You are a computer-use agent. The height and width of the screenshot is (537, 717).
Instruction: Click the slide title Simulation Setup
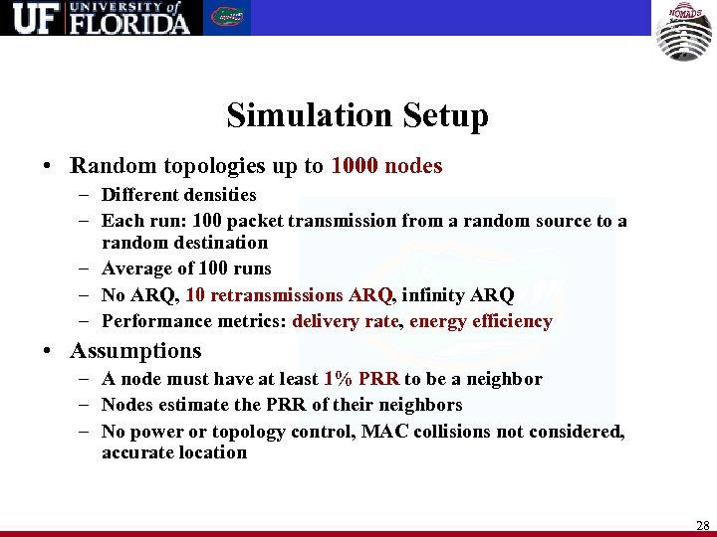[x=358, y=116]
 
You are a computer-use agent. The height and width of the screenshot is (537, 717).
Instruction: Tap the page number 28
[x=702, y=526]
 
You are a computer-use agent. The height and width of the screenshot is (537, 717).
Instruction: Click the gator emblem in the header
[x=227, y=18]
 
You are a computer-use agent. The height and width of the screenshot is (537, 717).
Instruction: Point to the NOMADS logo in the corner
[x=683, y=31]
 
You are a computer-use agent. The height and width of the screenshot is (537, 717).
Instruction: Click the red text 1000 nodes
[x=386, y=166]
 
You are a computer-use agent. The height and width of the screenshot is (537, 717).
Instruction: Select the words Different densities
[x=179, y=195]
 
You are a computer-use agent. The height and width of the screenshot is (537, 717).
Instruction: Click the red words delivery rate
[x=346, y=321]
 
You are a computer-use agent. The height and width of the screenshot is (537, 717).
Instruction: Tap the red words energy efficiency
[x=480, y=321]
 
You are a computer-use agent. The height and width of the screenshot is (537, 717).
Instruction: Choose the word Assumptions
[x=135, y=351]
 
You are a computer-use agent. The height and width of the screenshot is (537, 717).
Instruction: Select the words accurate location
[x=174, y=452]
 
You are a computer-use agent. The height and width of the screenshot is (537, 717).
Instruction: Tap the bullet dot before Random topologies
[x=48, y=167]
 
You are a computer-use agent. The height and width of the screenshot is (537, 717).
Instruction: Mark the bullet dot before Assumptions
[x=48, y=352]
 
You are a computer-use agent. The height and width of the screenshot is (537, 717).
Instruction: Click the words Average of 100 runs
[x=186, y=268]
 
